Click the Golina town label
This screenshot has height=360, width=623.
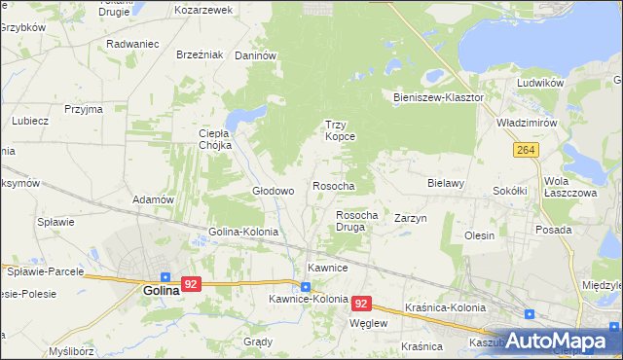point(162,290)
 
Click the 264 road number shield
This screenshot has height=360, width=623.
point(526,150)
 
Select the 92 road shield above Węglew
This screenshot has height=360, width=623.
point(362,304)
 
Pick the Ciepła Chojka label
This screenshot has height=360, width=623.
point(214,139)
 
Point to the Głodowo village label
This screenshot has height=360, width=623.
point(274,192)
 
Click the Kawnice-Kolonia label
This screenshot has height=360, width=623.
point(303,300)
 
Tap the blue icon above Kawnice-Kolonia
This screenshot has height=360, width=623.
point(306,286)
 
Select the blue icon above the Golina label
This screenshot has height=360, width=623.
point(166,276)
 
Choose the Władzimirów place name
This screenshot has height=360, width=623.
point(527,125)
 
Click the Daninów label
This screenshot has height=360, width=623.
point(257,56)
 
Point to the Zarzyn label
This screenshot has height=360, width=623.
point(411,219)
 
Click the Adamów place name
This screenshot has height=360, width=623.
point(153,199)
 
